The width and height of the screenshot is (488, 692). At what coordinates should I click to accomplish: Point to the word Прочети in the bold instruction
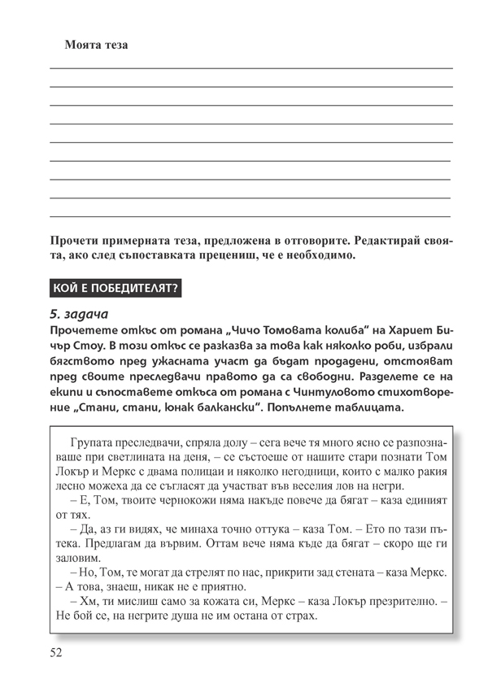76,241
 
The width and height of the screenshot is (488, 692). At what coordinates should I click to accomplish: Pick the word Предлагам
101,543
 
